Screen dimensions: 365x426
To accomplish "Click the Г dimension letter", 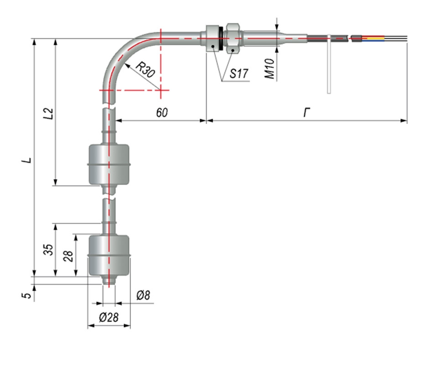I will pos(307,113).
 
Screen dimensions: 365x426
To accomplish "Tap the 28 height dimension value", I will pos(69,255).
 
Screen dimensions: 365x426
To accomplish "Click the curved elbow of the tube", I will pos(119,54).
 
